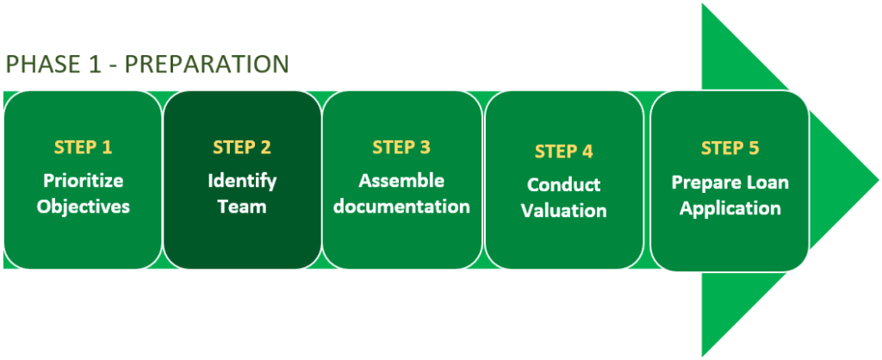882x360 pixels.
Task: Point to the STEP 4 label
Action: (563, 152)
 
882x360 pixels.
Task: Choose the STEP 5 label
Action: (730, 148)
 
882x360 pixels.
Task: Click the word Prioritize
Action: (84, 181)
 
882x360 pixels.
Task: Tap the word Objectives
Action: (84, 207)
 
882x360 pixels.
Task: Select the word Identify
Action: (242, 181)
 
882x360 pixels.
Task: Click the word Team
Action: (242, 207)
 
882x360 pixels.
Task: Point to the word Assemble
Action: (401, 181)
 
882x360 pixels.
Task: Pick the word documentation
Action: (401, 206)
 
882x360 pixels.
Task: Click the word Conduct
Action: (563, 185)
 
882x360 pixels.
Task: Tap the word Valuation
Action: (563, 210)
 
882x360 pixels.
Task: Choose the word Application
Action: (730, 208)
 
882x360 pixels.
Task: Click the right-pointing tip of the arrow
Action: (878, 181)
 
